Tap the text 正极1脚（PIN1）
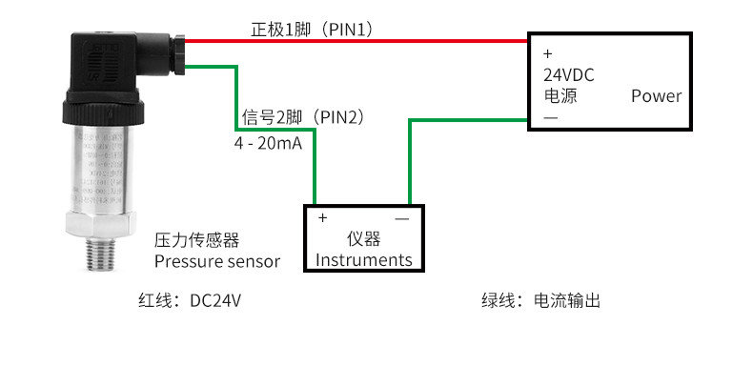312,30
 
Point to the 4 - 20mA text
269,143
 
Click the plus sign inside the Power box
547,53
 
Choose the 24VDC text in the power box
569,74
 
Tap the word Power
656,96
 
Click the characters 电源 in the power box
560,96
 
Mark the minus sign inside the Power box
550,117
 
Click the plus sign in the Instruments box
322,217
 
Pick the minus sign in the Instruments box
401,218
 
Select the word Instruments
363,259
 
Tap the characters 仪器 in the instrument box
363,238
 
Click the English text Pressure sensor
217,261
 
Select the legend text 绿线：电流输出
540,301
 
